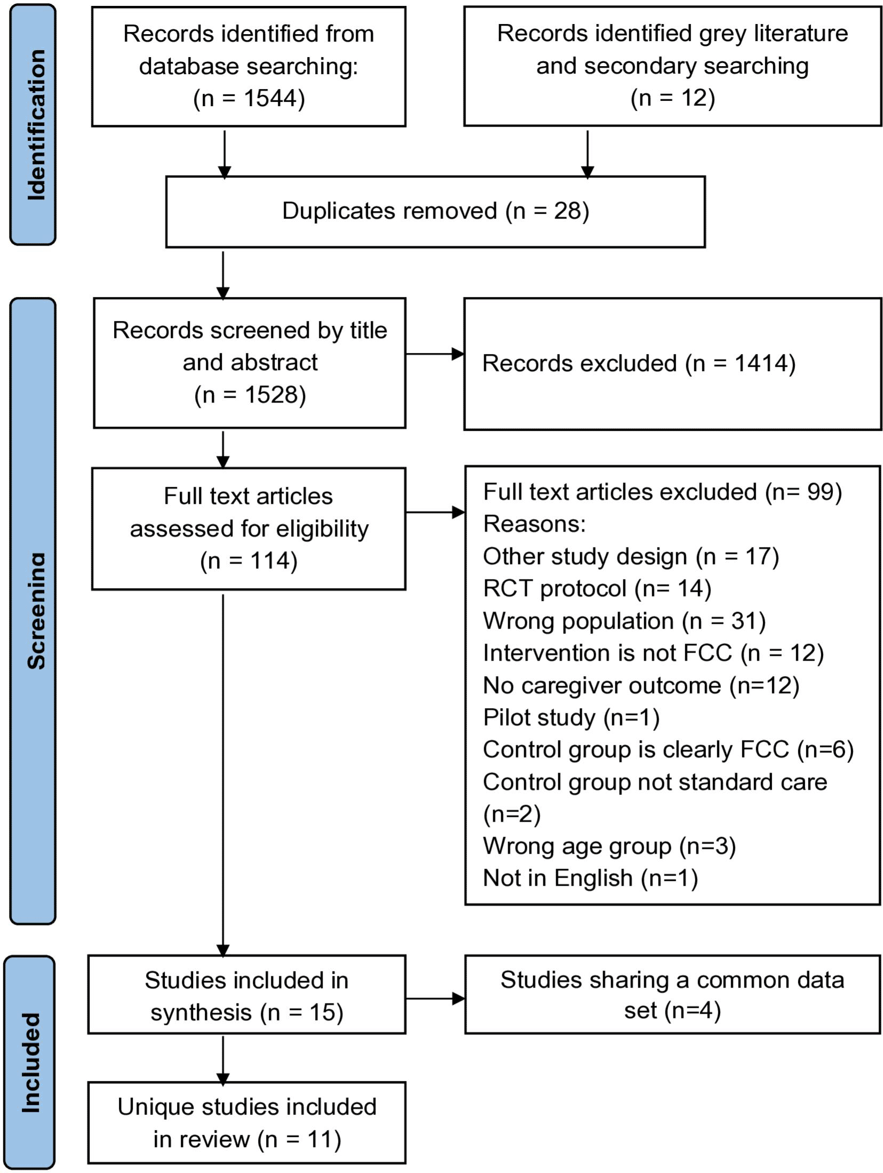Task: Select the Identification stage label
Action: (36, 125)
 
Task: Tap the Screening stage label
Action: (36, 611)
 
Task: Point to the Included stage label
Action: (31, 1063)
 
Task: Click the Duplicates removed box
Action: (435, 212)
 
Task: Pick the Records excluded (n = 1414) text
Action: (639, 364)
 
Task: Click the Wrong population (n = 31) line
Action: (624, 621)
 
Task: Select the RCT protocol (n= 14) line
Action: (597, 589)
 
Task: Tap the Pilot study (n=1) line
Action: (571, 718)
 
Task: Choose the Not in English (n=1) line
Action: (590, 878)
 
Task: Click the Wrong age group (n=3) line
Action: (609, 846)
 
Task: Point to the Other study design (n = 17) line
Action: (631, 557)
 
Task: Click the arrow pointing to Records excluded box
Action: (435, 353)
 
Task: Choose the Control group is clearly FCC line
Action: (668, 750)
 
